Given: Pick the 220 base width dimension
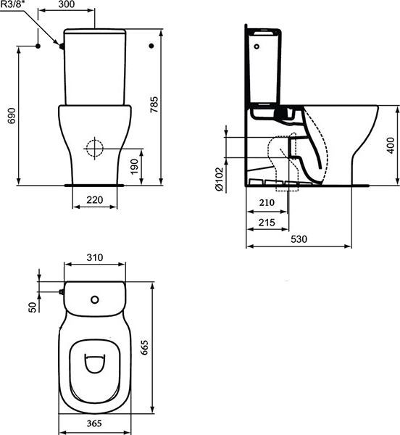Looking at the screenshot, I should pos(95,199).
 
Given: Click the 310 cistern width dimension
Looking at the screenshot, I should pos(95,257).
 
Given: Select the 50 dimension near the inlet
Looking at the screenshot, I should pos(32,307).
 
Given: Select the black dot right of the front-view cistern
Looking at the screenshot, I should pos(151,46).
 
